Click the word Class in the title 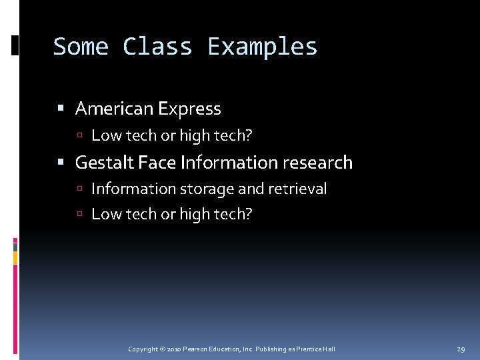(157, 47)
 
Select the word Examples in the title (263, 47)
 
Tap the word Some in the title (81, 47)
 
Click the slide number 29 (461, 349)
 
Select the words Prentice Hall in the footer (316, 349)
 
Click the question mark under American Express (249, 135)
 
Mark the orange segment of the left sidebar (15, 257)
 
